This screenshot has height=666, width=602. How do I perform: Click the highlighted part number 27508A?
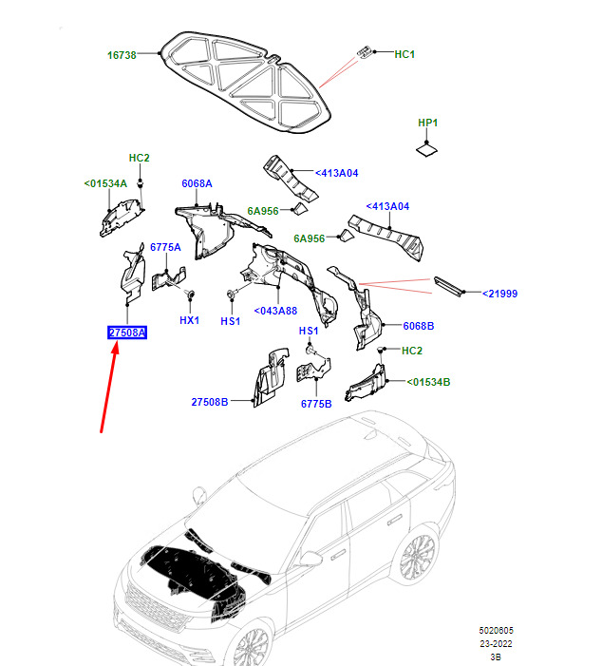pyautogui.click(x=126, y=333)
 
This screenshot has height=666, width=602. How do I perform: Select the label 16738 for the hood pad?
pyautogui.click(x=121, y=55)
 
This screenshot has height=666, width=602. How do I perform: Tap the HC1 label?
pyautogui.click(x=404, y=55)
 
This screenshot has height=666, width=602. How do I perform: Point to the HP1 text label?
pyautogui.click(x=428, y=123)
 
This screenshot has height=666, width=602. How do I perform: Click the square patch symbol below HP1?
pyautogui.click(x=428, y=147)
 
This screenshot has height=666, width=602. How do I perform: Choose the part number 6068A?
pyautogui.click(x=197, y=183)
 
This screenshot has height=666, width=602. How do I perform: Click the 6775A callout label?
pyautogui.click(x=165, y=247)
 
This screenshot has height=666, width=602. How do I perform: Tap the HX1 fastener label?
pyautogui.click(x=190, y=320)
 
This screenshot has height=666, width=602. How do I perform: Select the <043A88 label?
pyautogui.click(x=275, y=311)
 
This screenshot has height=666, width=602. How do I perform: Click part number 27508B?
pyautogui.click(x=210, y=403)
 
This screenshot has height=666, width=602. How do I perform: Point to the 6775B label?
pyautogui.click(x=316, y=403)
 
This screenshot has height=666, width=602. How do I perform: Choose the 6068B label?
pyautogui.click(x=418, y=326)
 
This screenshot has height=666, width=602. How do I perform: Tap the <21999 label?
pyautogui.click(x=499, y=294)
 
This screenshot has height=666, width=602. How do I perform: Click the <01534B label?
pyautogui.click(x=429, y=382)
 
